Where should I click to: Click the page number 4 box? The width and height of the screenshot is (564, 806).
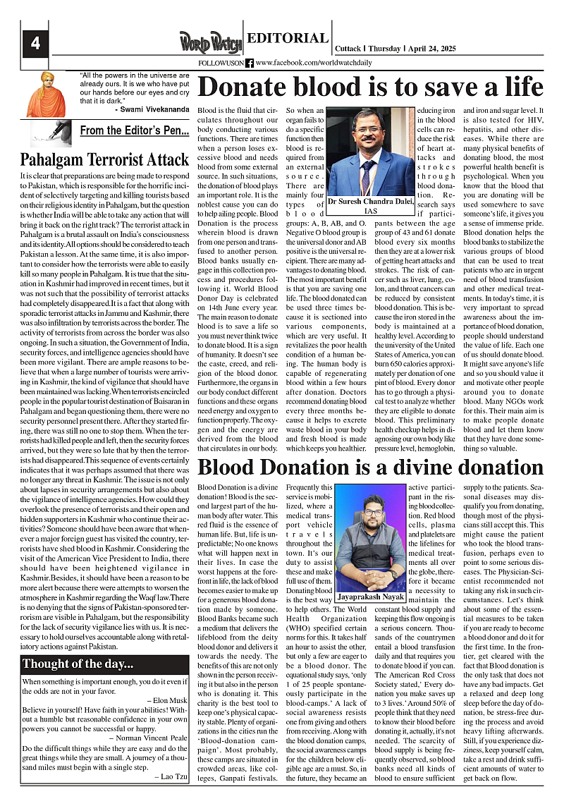35,43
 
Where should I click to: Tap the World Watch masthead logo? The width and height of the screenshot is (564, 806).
210,42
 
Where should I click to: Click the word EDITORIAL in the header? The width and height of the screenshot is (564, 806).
288,39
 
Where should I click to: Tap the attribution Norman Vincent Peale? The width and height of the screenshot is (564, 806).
146,738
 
